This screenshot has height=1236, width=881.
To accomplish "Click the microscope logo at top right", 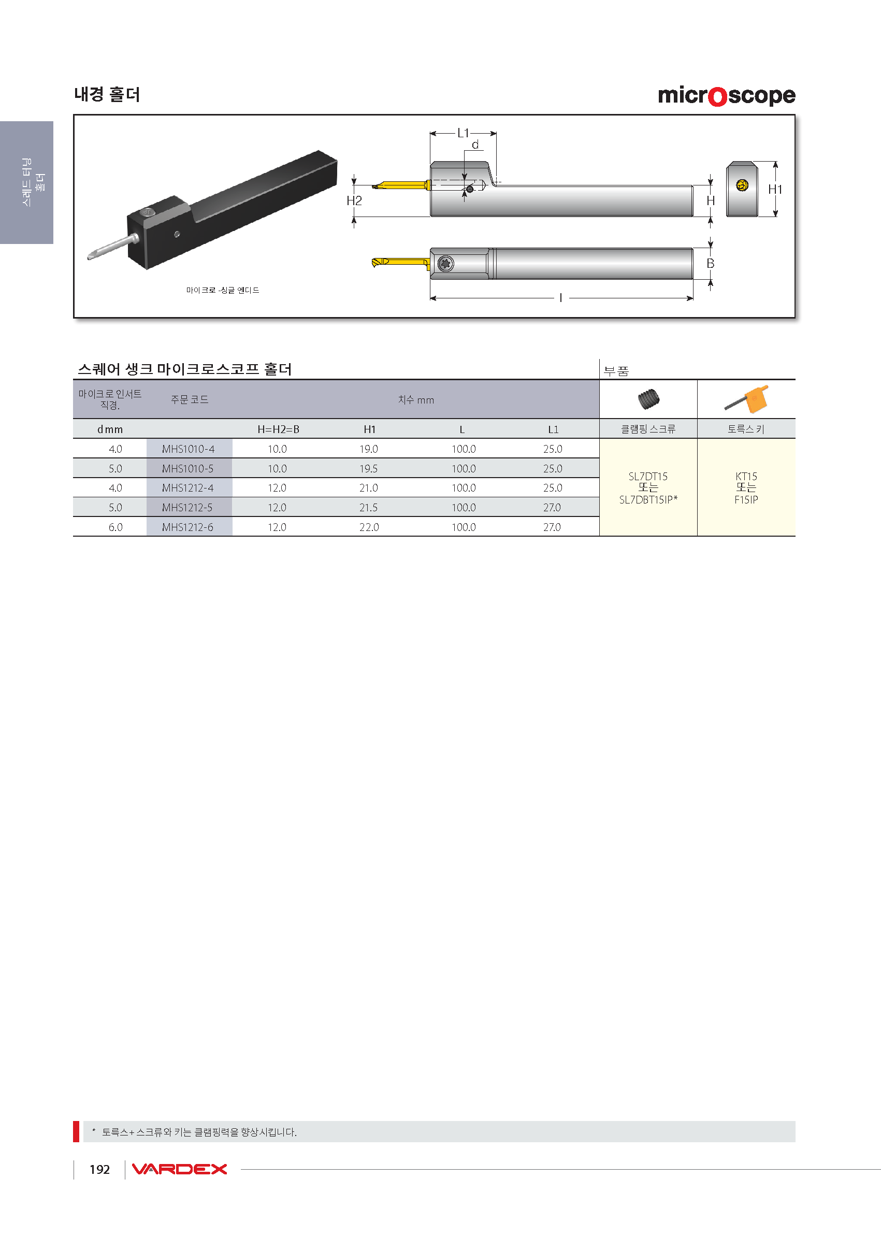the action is click(726, 96).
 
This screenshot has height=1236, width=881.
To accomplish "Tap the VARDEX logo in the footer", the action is click(179, 1169).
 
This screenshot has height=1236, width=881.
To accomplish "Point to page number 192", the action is click(100, 1169).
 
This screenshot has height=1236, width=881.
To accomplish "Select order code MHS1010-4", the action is click(188, 449).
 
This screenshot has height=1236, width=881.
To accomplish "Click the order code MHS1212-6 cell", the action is click(187, 527).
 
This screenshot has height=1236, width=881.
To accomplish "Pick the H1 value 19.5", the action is click(368, 468).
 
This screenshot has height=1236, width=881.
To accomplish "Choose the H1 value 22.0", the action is click(369, 527).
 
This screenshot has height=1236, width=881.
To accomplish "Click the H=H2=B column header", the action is click(278, 429).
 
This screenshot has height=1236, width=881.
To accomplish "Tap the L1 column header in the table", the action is click(553, 429).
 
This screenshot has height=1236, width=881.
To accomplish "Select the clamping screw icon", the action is click(649, 399).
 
